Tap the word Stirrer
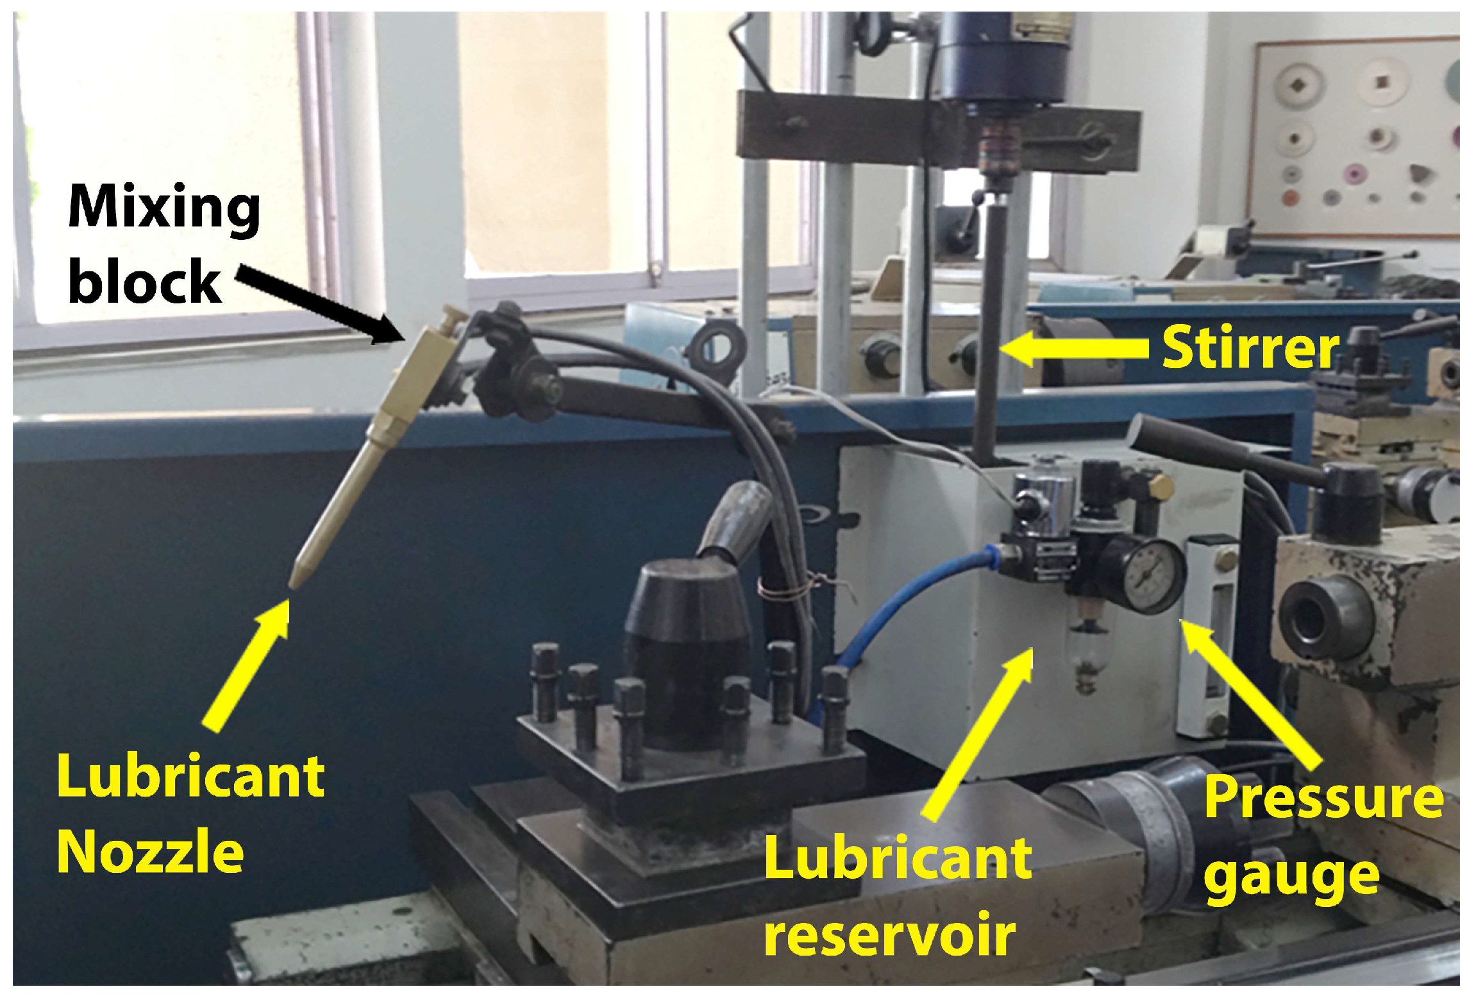[1250, 348]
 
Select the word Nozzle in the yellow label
[151, 852]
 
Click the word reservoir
[890, 934]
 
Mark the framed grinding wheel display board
[1353, 138]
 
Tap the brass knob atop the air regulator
[1162, 486]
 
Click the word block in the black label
[145, 282]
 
